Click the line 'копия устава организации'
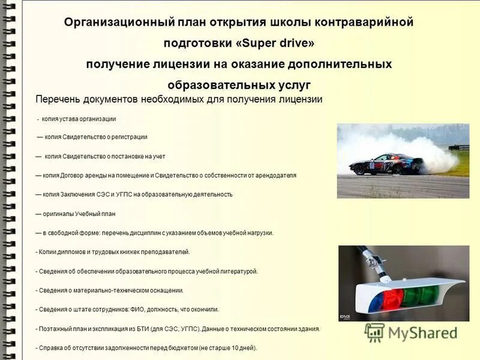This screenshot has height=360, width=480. coord(79,119)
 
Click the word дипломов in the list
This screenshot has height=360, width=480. coord(76,252)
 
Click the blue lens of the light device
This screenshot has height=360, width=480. coord(370,301)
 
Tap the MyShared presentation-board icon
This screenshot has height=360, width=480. coord(374,332)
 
